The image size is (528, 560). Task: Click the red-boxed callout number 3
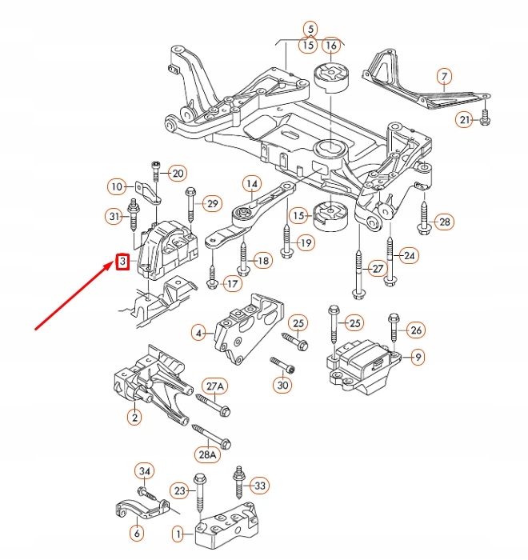click(x=123, y=262)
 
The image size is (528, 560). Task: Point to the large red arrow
click(x=76, y=295)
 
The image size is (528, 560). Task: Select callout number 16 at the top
click(x=330, y=44)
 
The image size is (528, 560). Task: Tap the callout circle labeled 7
click(x=442, y=77)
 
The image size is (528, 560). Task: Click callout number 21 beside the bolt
click(x=464, y=120)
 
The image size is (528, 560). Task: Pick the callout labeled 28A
click(x=207, y=455)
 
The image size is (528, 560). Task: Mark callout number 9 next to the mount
click(x=418, y=358)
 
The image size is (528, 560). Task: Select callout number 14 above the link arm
click(x=251, y=184)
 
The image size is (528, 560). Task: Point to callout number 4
click(x=198, y=331)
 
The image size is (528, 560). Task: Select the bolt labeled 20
click(x=155, y=174)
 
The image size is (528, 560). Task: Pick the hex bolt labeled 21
click(x=486, y=120)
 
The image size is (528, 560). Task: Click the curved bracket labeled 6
click(x=136, y=509)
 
